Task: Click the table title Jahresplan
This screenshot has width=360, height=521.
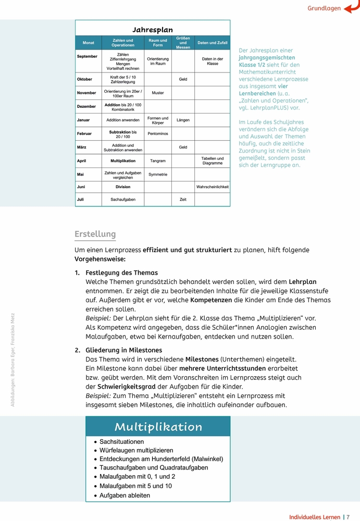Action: [152, 30]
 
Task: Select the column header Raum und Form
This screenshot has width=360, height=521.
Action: [158, 43]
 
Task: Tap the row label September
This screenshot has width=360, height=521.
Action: [87, 56]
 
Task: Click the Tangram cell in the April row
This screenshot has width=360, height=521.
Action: [158, 161]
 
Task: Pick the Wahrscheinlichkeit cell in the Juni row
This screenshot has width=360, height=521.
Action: [212, 187]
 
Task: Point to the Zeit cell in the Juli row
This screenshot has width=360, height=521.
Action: [183, 200]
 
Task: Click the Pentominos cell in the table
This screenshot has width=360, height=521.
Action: [158, 134]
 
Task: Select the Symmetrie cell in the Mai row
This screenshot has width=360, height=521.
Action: [158, 175]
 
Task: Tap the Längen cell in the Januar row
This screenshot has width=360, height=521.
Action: [183, 120]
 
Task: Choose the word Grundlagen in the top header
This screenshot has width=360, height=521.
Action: [324, 8]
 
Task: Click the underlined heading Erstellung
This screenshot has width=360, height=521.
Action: [95, 234]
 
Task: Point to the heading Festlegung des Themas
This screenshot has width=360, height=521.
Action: [121, 272]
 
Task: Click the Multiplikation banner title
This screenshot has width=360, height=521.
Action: [158, 427]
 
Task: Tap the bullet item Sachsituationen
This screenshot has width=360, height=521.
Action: [121, 442]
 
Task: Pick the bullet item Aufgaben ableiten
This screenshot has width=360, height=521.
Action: [125, 495]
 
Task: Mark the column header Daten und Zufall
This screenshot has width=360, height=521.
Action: [212, 43]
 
